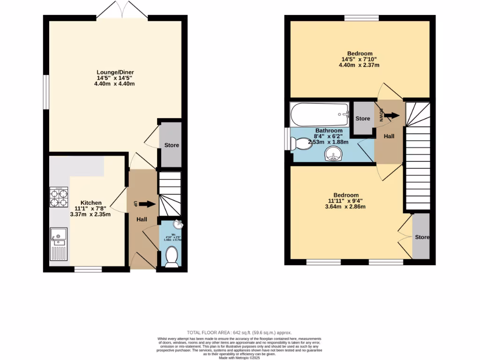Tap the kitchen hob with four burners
pyautogui.click(x=59, y=197)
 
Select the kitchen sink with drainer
pyautogui.click(x=59, y=244)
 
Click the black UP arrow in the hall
pyautogui.click(x=146, y=204)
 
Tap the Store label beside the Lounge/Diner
pyautogui.click(x=171, y=145)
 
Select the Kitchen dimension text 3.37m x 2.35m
pyautogui.click(x=90, y=215)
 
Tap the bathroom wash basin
pyautogui.click(x=334, y=154)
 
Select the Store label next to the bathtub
pyautogui.click(x=362, y=119)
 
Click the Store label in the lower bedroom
pyautogui.click(x=422, y=237)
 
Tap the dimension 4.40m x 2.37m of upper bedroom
pyautogui.click(x=360, y=65)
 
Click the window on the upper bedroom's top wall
pyautogui.click(x=361, y=18)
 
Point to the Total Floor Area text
pyautogui.click(x=240, y=332)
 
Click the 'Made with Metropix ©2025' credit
pyautogui.click(x=240, y=358)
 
